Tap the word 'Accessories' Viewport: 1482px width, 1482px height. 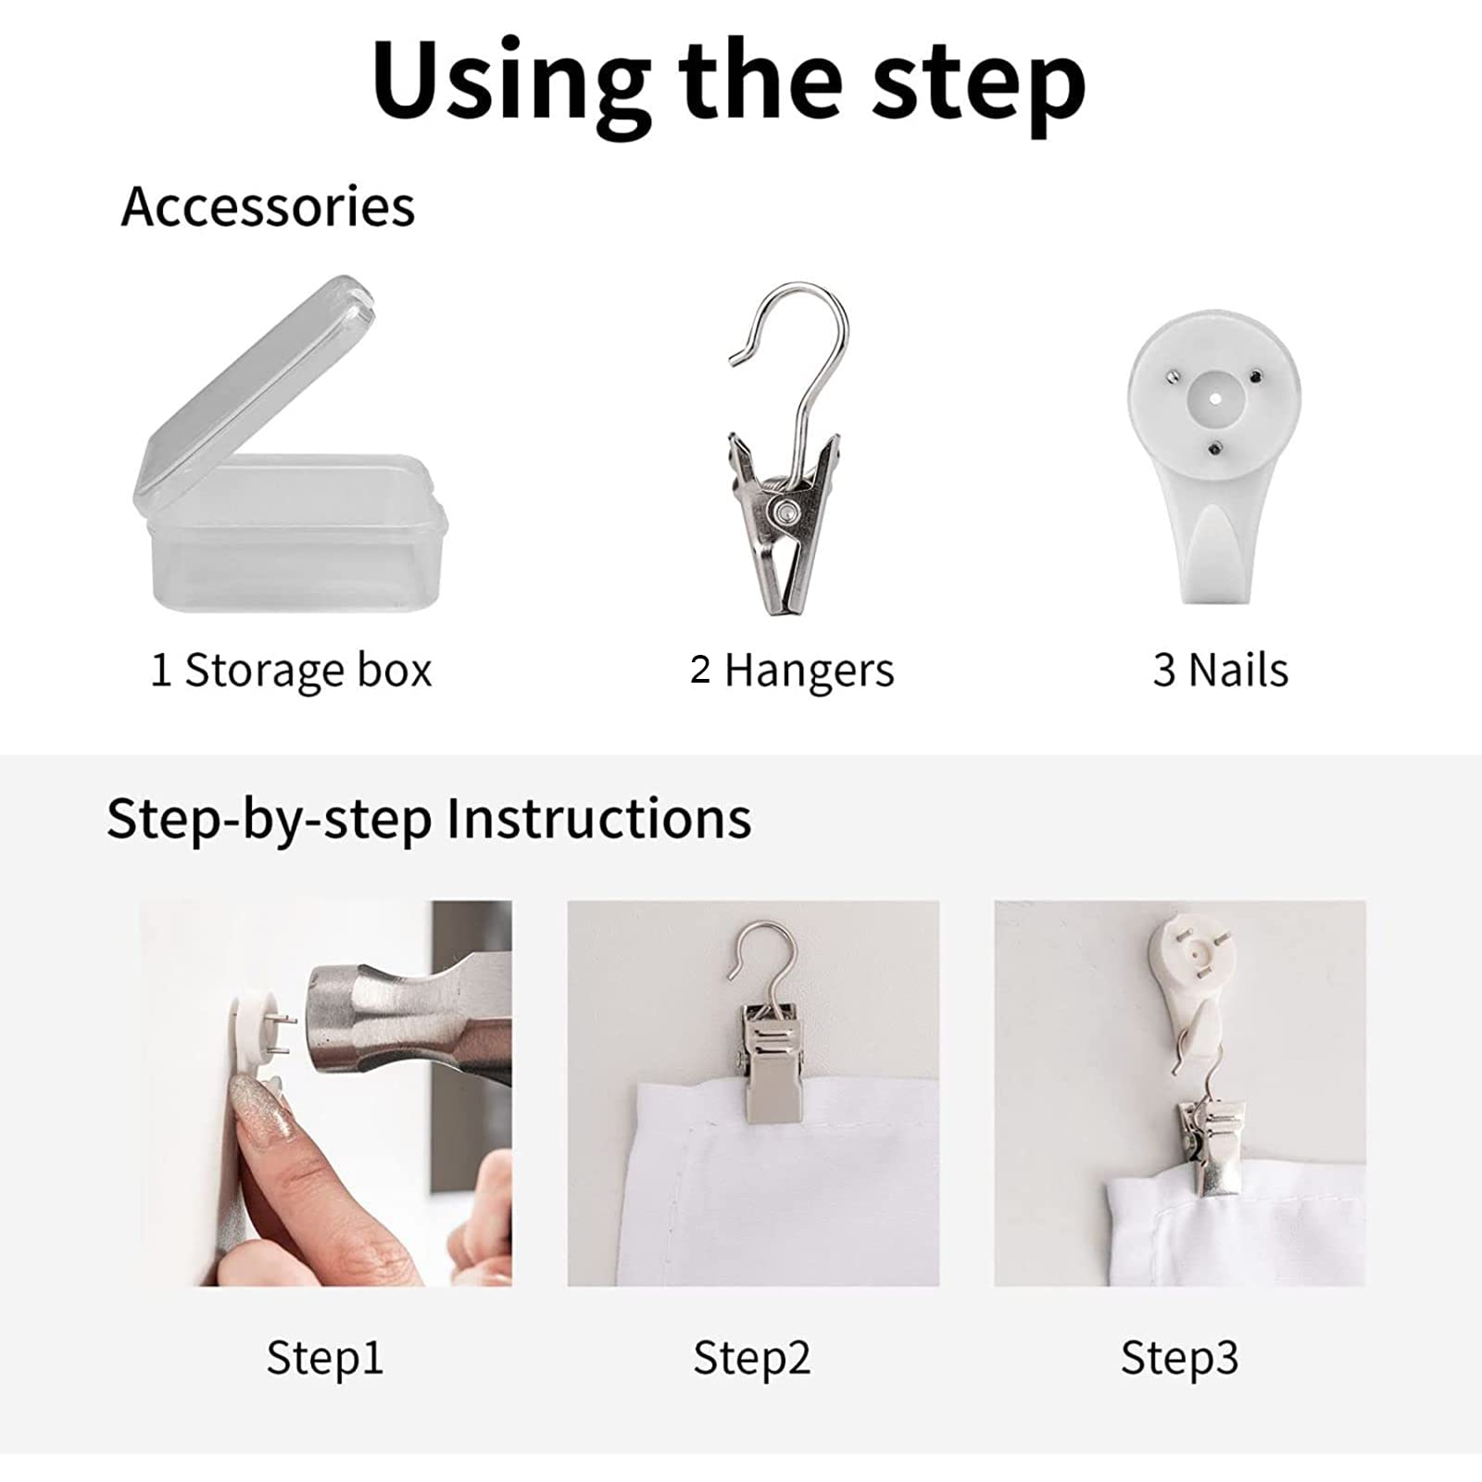[x=269, y=207]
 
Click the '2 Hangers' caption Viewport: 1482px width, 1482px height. [x=792, y=670]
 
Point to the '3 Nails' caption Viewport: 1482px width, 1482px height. [x=1220, y=670]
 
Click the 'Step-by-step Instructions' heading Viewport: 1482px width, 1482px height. [x=429, y=819]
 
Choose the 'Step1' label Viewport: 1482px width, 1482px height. [x=324, y=1359]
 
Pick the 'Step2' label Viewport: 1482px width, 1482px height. [x=751, y=1359]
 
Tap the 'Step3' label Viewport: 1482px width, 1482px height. [x=1179, y=1359]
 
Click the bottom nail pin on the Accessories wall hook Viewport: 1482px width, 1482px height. [x=1213, y=449]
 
